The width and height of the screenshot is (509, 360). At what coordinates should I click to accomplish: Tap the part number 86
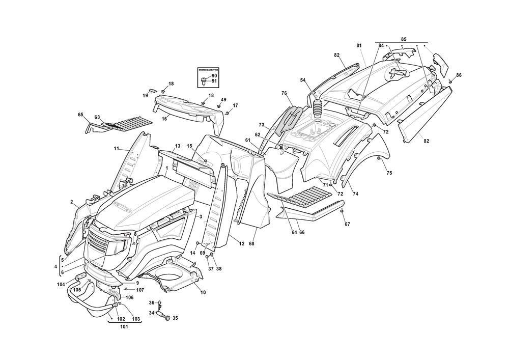click(459, 75)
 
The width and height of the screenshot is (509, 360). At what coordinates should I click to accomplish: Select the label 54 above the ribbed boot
click(303, 80)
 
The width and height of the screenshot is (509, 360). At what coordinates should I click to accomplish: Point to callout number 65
click(80, 115)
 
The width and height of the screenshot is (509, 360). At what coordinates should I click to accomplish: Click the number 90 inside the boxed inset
click(214, 76)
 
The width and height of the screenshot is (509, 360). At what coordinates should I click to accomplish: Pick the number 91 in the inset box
click(214, 81)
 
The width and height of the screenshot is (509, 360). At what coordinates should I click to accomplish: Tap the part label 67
click(347, 224)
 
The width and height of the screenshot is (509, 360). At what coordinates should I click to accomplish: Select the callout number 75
click(389, 173)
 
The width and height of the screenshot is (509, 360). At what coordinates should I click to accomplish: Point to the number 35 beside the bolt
click(175, 319)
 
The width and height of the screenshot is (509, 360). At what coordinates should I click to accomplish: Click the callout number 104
click(61, 284)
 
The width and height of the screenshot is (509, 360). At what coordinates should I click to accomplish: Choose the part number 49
click(223, 99)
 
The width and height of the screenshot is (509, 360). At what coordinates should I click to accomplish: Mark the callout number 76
click(284, 93)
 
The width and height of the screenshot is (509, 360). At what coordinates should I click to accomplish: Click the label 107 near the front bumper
click(140, 290)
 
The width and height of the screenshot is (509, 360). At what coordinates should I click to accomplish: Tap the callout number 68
click(251, 243)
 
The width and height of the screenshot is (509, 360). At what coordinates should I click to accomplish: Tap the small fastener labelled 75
click(380, 159)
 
